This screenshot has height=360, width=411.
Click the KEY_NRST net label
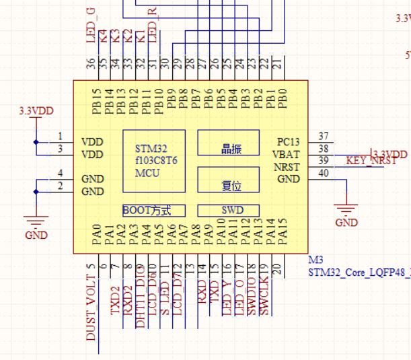point(371,161)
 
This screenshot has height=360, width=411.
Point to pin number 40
point(324,174)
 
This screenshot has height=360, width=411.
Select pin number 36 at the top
point(91,63)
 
